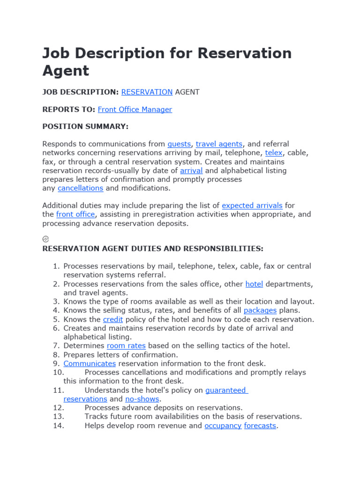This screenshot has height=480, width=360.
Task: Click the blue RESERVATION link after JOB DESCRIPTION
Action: [x=147, y=92]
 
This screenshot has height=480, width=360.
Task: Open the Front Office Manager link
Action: [x=135, y=109]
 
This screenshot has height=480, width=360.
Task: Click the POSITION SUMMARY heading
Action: [x=85, y=127]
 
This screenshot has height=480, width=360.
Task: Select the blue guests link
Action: [x=179, y=144]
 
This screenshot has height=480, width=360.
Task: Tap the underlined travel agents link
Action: [x=219, y=144]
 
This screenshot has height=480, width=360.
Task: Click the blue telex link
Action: [x=274, y=153]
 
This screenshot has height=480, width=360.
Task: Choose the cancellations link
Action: [x=80, y=188]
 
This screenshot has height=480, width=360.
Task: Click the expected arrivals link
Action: [x=252, y=205]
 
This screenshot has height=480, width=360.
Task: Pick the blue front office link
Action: [x=75, y=214]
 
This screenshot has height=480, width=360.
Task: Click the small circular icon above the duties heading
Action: [x=45, y=239]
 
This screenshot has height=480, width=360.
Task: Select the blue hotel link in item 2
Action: [x=254, y=284]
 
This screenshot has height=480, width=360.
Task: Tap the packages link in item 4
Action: [x=260, y=310]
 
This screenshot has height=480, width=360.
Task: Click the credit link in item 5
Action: [x=113, y=319]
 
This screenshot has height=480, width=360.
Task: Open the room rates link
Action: [x=126, y=345]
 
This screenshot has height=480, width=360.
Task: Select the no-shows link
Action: [x=142, y=399]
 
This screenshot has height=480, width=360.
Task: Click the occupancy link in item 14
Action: [x=223, y=426]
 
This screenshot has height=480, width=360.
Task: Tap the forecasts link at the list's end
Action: [x=260, y=426]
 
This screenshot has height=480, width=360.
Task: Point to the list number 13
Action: [x=58, y=416]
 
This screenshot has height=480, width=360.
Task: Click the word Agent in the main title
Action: [x=65, y=71]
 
